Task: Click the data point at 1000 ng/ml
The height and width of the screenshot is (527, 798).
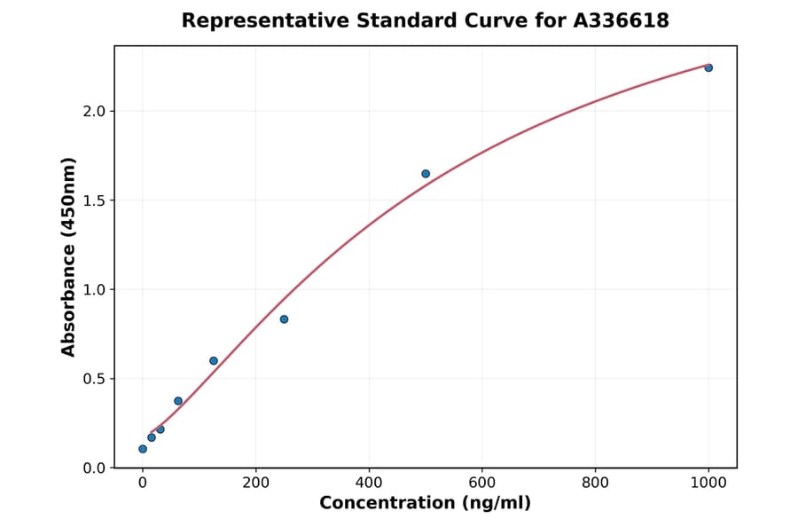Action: [708, 67]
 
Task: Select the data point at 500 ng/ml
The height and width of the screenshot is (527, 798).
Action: [426, 174]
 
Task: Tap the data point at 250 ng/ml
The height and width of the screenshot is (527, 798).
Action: [284, 319]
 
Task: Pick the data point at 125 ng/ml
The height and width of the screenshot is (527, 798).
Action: [214, 361]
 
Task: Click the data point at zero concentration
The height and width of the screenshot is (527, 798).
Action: [143, 449]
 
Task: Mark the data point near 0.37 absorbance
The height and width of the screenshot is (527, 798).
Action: [178, 401]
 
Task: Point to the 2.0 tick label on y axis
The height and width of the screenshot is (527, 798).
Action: [94, 111]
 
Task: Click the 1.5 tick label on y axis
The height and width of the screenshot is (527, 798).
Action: [94, 201]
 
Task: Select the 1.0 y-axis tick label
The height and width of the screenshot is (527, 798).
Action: [94, 289]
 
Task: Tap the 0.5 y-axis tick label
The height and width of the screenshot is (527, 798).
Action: [94, 379]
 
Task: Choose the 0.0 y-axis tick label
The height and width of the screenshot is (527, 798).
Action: [94, 468]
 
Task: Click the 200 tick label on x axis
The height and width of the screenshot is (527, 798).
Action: [255, 483]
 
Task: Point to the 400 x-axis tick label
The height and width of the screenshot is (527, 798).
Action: [369, 483]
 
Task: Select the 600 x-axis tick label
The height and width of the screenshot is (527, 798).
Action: [482, 483]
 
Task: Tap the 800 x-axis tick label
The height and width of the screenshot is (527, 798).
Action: [595, 483]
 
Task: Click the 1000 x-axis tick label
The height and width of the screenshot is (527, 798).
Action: [708, 483]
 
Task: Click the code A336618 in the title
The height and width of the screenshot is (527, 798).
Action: [620, 20]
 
